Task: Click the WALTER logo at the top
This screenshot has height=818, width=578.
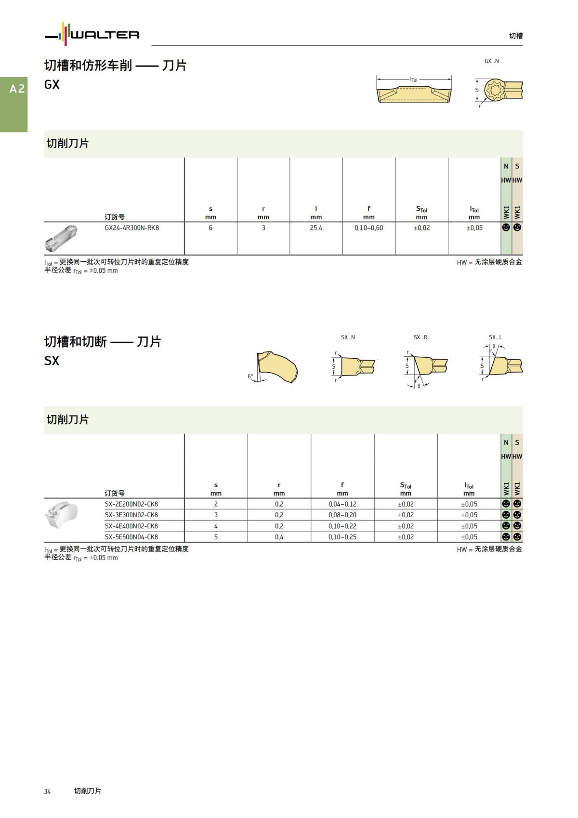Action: [92, 34]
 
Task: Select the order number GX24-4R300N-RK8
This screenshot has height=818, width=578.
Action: [131, 228]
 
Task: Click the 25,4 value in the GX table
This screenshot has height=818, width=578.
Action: [316, 228]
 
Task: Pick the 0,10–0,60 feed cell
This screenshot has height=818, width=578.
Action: [368, 228]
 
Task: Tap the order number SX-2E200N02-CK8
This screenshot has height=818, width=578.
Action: [131, 504]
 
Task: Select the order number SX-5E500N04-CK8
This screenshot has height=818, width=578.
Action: [131, 537]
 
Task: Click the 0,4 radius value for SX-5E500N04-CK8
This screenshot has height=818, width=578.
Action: [279, 537]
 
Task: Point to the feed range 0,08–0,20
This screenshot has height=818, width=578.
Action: [342, 515]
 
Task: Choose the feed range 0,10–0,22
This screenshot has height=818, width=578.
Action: [342, 526]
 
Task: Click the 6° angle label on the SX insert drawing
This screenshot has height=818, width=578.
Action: [250, 376]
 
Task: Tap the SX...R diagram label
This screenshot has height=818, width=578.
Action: [420, 337]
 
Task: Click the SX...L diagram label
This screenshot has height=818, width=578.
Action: [495, 337]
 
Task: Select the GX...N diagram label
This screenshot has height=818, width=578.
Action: [491, 61]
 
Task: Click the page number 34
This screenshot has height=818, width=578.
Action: [47, 791]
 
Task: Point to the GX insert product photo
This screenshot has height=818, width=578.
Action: [61, 238]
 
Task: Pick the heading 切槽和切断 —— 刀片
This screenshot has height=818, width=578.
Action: [103, 342]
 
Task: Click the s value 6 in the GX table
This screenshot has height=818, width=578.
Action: [210, 228]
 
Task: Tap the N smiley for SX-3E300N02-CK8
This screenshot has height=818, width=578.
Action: [506, 515]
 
